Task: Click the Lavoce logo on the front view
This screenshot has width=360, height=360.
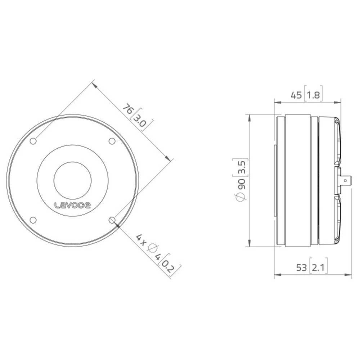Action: [72, 205]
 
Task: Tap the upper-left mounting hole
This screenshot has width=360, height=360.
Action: [33, 141]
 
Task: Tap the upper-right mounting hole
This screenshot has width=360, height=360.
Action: [112, 141]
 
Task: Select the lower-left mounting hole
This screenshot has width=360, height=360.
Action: [33, 220]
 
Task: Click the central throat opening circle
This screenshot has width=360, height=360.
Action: [72, 180]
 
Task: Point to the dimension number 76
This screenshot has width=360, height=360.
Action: [128, 109]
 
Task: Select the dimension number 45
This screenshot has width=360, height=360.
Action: [296, 95]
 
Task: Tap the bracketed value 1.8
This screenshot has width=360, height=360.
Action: [312, 95]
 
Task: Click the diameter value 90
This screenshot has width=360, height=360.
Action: [242, 184]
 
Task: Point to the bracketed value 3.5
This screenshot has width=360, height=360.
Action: [242, 167]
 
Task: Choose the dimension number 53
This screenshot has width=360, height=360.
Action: [301, 267]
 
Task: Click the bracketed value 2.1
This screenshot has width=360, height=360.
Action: [318, 267]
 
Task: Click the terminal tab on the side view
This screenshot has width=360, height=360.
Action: [345, 180]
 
